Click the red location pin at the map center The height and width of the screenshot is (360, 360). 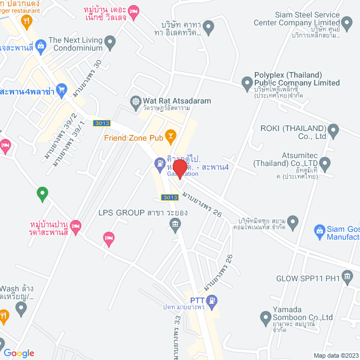(179, 169)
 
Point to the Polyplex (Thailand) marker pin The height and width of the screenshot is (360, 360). (246, 84)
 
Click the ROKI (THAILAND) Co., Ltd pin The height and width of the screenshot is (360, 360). (334, 132)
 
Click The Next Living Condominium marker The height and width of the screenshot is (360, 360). (110, 41)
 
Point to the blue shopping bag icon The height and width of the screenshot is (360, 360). (320, 230)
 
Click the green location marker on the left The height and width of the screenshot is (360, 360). (42, 195)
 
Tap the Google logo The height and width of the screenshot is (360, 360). (19, 353)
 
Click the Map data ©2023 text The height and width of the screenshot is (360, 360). (335, 355)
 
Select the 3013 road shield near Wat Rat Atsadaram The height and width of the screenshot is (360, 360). (102, 123)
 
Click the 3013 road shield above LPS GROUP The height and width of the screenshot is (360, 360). (169, 197)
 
